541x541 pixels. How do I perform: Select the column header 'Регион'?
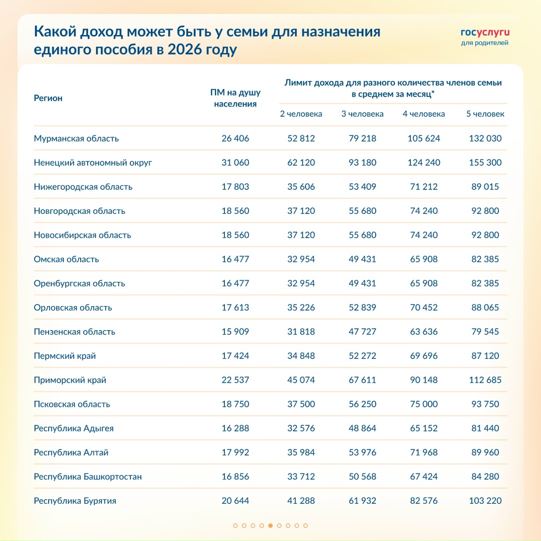click(48, 98)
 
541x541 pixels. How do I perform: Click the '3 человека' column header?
click(362, 114)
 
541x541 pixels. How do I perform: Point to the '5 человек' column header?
click(485, 114)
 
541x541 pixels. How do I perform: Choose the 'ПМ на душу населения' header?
click(235, 98)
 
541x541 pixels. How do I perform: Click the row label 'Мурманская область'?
click(76, 138)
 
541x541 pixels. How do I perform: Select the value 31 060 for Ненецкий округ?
click(235, 162)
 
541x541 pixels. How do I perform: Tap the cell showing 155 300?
click(485, 162)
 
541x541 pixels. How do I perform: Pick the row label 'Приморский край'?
click(70, 380)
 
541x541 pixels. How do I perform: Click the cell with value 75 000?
click(424, 404)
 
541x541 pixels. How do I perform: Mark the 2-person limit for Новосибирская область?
click(301, 235)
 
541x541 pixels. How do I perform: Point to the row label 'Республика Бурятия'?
click(75, 500)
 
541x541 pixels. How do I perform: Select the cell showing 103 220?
click(485, 500)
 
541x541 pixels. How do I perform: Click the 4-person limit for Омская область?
click(424, 259)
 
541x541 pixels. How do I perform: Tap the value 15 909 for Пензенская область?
click(235, 332)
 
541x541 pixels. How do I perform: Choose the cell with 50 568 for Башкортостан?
click(362, 476)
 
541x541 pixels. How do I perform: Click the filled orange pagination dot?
click(270, 525)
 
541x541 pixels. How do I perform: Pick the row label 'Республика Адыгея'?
click(74, 428)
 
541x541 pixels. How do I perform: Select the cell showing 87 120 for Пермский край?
click(485, 356)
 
